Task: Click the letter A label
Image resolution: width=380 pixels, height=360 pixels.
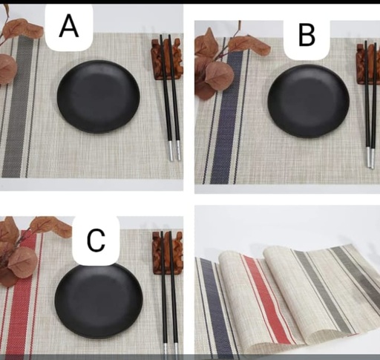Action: [69, 26]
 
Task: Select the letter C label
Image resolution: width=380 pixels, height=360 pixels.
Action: [96, 240]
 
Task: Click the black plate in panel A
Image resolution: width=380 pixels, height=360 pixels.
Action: [98, 96]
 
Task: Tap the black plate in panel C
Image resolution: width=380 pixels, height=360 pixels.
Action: [98, 299]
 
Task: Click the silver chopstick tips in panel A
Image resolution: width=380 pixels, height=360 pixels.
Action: [173, 151]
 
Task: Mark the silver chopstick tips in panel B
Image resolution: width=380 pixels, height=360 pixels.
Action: [370, 157]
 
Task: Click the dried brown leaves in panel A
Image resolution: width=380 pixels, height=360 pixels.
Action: [13, 48]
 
